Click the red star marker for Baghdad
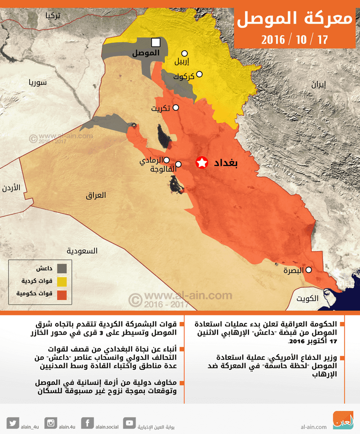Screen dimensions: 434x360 [202, 163]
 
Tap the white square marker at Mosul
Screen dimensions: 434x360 [156, 42]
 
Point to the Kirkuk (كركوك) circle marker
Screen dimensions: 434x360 [199, 74]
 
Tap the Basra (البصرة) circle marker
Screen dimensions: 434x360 [308, 270]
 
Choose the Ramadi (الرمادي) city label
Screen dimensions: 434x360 [151, 161]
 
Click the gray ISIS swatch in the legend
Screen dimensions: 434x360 [62, 269]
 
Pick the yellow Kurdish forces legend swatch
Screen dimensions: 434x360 [62, 282]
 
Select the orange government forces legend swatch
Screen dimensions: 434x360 [62, 295]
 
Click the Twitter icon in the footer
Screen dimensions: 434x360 [13, 423]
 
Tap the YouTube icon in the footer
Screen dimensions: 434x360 [129, 423]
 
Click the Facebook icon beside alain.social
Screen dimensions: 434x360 [87, 423]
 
